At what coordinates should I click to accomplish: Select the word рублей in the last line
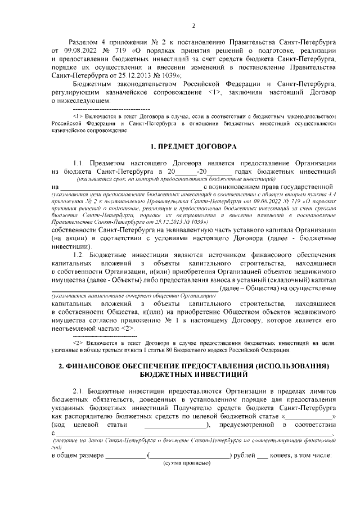(243, 455)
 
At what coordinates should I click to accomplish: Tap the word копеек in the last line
(282, 455)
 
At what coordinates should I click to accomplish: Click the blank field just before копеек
(262, 455)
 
